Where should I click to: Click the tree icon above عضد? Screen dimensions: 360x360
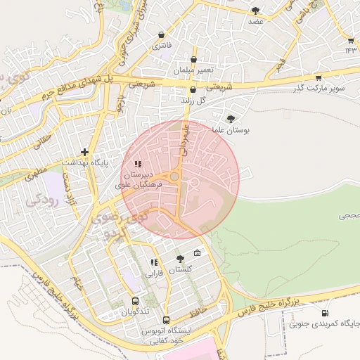[x=255, y=11]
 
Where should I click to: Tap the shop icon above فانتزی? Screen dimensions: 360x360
[x=162, y=34]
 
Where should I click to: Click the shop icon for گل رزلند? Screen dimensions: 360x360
[x=193, y=90]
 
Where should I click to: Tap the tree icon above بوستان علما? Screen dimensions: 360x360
[x=231, y=119]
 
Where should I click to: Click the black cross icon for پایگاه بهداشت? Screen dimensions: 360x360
[x=85, y=151]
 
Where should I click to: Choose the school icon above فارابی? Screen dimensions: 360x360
[x=153, y=262]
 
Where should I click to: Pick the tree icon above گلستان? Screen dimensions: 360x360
[x=180, y=259]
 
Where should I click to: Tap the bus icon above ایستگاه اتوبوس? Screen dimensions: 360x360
[x=166, y=320]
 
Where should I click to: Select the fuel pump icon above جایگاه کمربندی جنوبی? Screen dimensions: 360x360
[x=324, y=313]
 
